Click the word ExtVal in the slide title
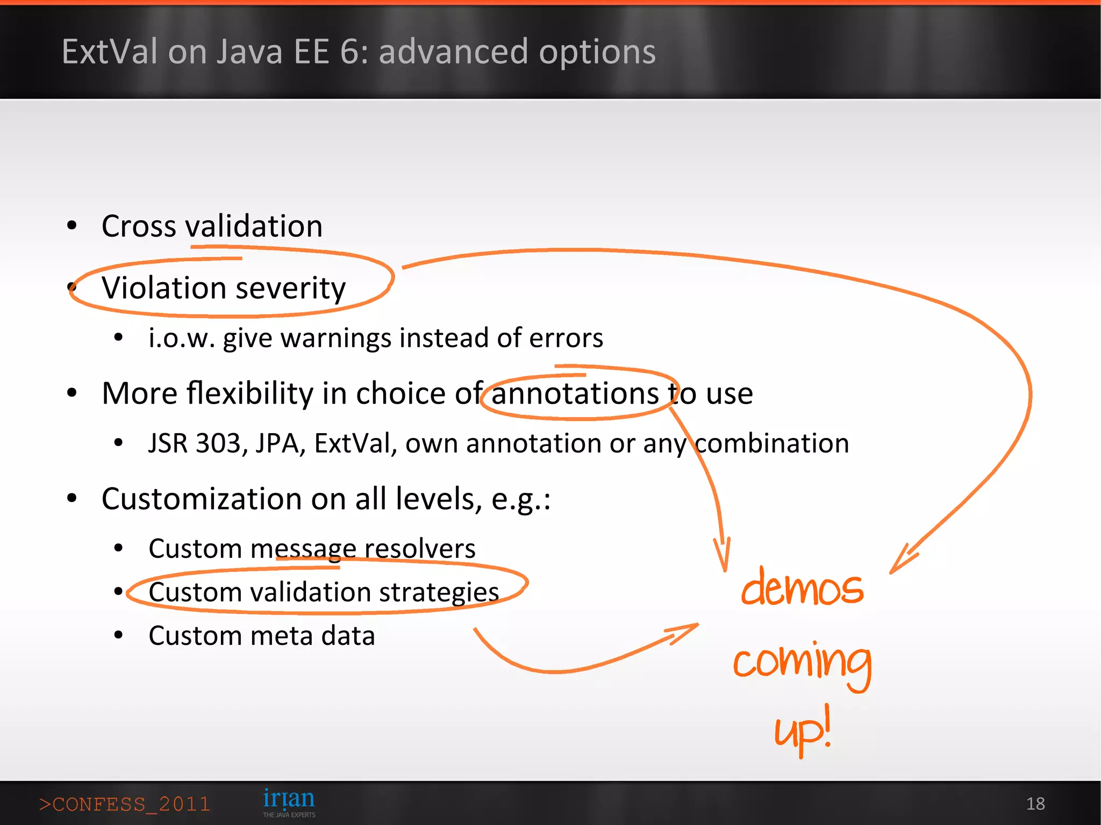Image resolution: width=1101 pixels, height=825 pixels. point(110,52)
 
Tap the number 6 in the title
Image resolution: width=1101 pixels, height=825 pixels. point(349,52)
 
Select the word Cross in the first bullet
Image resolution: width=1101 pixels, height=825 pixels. point(139,226)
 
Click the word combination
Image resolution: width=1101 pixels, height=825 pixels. point(772,444)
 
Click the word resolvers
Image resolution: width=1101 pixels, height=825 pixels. point(420,549)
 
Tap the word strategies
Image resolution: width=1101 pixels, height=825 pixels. point(439,592)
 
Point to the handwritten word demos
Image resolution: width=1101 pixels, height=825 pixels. point(802,588)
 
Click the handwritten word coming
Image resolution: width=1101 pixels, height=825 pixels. point(802,662)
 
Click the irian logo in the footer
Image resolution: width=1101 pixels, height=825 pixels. point(289,801)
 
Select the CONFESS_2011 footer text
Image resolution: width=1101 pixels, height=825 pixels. point(125,805)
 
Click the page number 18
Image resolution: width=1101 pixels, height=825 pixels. point(1035,804)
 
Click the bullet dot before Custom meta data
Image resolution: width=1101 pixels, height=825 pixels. point(119,635)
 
